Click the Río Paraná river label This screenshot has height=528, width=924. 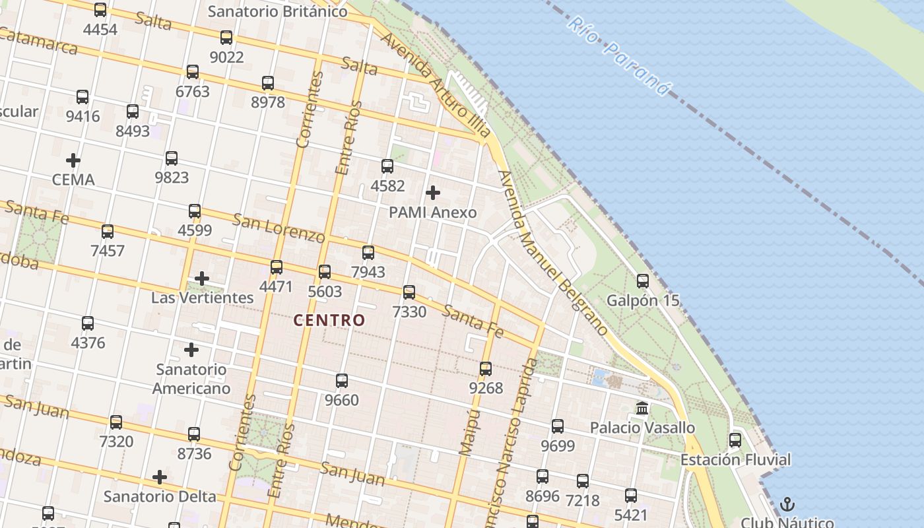pyautogui.click(x=618, y=56)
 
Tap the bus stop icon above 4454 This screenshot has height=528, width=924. pyautogui.click(x=100, y=10)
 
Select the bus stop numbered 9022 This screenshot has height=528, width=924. pyautogui.click(x=226, y=38)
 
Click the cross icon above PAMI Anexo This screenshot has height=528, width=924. pyautogui.click(x=433, y=193)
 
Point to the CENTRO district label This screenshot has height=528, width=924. pyautogui.click(x=329, y=321)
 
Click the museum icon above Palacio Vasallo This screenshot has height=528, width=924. pyautogui.click(x=642, y=408)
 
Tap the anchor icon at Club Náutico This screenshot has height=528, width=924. pyautogui.click(x=787, y=505)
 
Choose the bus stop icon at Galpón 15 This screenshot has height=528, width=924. pyautogui.click(x=643, y=281)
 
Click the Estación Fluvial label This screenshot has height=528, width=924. pyautogui.click(x=735, y=459)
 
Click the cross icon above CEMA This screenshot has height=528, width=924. pyautogui.click(x=73, y=160)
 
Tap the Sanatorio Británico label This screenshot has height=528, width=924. pyautogui.click(x=277, y=11)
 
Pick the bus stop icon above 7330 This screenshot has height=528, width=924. pyautogui.click(x=409, y=292)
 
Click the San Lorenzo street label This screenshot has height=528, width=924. pyautogui.click(x=279, y=227)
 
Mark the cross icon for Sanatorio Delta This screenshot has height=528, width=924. pyautogui.click(x=160, y=477)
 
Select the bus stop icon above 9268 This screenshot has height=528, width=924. pyautogui.click(x=486, y=369)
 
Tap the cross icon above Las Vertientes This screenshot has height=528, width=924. pyautogui.click(x=202, y=279)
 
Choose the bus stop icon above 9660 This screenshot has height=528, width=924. pyautogui.click(x=342, y=381)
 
